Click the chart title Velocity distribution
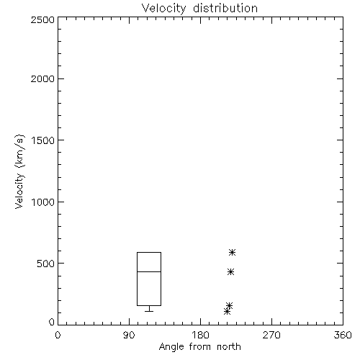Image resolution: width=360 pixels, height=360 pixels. (x=199, y=8)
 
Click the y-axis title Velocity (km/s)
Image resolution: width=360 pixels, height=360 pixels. (x=19, y=171)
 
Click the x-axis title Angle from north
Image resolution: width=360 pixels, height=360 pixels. (x=199, y=346)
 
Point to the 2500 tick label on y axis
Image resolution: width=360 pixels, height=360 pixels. (x=42, y=19)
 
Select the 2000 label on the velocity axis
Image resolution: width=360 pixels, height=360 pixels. (x=42, y=78)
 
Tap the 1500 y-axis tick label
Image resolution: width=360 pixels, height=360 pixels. (x=43, y=140)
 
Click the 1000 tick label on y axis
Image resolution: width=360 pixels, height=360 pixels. (x=43, y=202)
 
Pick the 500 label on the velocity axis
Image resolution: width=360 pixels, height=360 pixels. (x=46, y=264)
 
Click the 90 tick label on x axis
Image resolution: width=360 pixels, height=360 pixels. (x=129, y=335)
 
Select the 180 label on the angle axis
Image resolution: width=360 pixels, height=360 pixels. (x=200, y=335)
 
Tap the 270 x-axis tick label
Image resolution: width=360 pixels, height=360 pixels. (x=271, y=335)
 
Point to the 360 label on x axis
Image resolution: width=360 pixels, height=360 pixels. (x=343, y=335)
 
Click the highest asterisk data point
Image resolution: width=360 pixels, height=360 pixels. (x=232, y=252)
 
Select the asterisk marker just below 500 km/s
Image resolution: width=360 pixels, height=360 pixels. (x=230, y=271)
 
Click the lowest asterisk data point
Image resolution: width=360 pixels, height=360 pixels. (x=227, y=312)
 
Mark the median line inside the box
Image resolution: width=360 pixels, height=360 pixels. (x=149, y=271)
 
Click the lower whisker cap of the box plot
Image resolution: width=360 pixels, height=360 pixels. (x=149, y=311)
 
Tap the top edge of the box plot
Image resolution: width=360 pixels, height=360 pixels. (x=149, y=252)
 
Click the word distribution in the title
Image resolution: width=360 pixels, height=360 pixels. (x=225, y=8)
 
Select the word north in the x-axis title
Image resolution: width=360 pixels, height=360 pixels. (x=229, y=346)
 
